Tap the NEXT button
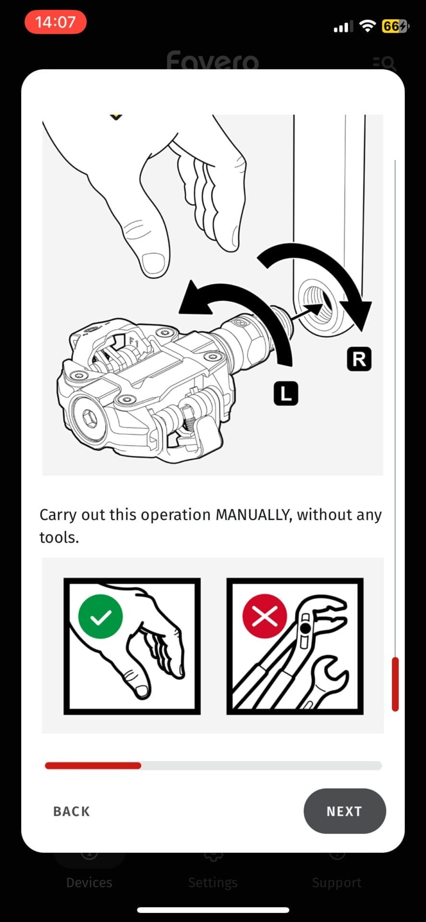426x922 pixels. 344,811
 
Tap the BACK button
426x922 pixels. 72,812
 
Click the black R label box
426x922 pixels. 359,359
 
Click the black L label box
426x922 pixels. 286,393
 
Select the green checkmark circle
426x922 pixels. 100,616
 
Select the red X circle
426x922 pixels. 265,616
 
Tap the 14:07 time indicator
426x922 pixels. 55,22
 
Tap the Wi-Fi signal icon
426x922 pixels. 367,26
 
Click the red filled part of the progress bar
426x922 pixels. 93,765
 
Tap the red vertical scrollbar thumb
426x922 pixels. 395,684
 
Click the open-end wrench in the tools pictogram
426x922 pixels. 324,682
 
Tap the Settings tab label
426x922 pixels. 213,883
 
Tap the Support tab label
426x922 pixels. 337,883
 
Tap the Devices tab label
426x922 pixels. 89,883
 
